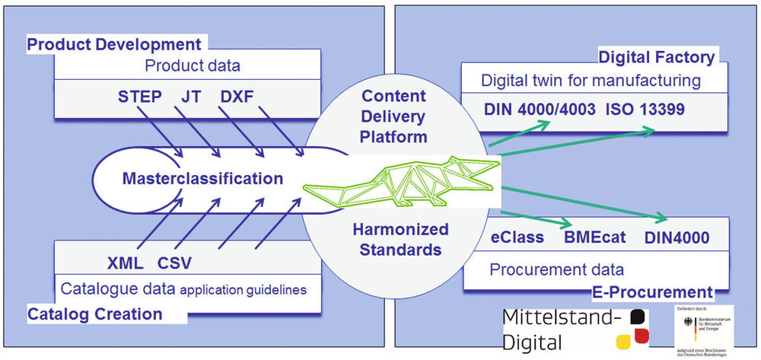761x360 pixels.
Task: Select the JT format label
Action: tap(192, 97)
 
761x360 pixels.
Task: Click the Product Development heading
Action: tap(115, 44)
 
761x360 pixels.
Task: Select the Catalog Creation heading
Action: tap(94, 314)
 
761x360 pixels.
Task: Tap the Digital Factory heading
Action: tap(657, 57)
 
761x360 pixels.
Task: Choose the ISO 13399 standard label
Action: tap(646, 110)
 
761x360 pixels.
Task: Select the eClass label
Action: tap(517, 237)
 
